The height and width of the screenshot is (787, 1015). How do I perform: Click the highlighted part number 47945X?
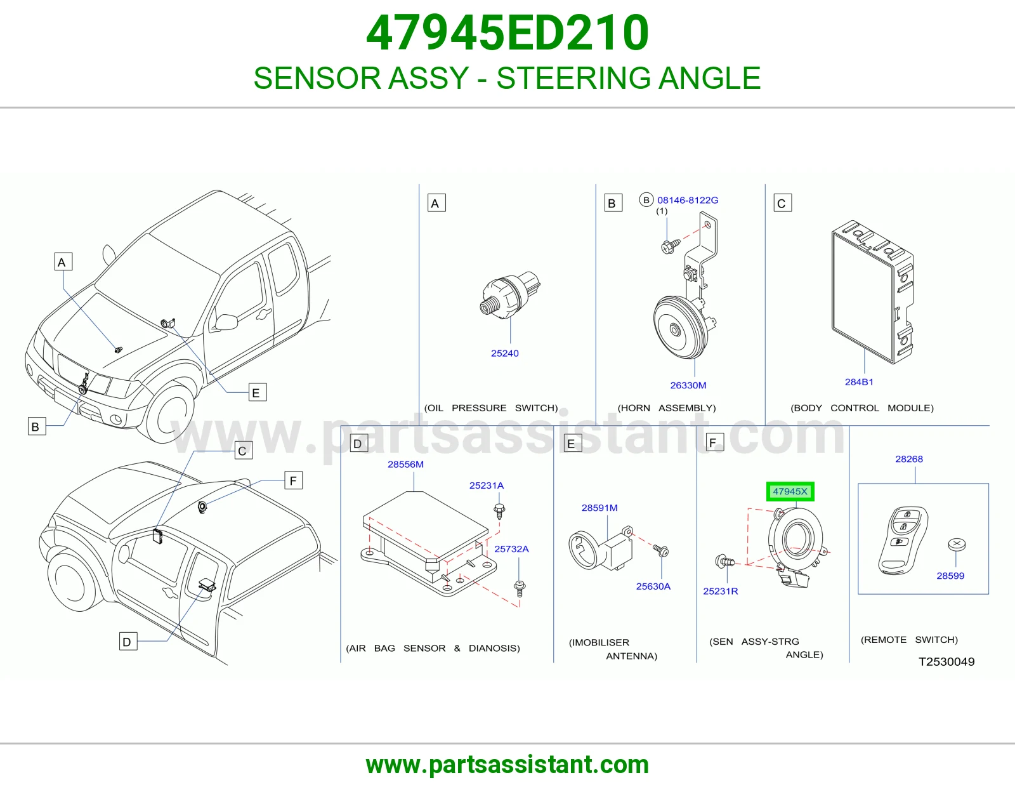(x=790, y=491)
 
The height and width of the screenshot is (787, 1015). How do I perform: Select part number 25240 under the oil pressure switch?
(x=504, y=354)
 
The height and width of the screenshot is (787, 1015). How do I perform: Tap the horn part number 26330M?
(x=688, y=385)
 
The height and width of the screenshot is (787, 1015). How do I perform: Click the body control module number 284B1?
(x=859, y=382)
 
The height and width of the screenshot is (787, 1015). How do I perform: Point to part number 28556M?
(x=405, y=464)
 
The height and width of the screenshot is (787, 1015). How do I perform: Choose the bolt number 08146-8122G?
(x=688, y=200)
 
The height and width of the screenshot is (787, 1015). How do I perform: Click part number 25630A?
(x=653, y=586)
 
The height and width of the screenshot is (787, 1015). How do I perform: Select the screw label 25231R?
(x=720, y=591)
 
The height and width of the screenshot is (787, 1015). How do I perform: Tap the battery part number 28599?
(x=950, y=576)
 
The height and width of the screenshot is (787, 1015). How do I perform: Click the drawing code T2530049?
(x=946, y=662)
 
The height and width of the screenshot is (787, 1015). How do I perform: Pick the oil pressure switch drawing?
(x=509, y=295)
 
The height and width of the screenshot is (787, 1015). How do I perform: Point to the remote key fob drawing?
(x=903, y=540)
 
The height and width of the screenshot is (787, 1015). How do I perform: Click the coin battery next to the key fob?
(x=957, y=544)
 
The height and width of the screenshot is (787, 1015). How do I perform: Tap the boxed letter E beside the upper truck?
(x=258, y=393)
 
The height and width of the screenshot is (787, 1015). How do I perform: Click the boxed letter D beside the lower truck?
(x=128, y=642)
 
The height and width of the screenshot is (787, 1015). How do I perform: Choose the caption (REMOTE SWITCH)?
(x=909, y=640)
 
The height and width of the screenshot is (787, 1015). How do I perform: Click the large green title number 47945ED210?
(x=507, y=33)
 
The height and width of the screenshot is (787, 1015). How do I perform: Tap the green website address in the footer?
(x=507, y=765)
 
